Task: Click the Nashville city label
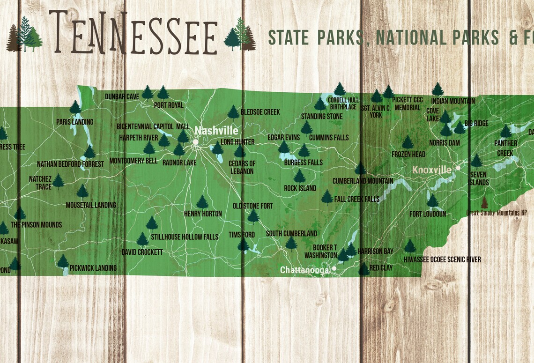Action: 216,131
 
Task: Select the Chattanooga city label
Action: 305,270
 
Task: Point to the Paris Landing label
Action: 74,122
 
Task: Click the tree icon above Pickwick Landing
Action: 63,261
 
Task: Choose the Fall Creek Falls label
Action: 357,200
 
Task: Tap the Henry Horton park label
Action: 203,214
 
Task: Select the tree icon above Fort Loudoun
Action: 432,201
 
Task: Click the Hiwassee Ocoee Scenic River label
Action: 442,259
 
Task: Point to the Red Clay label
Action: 381,268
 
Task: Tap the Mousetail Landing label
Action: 91,205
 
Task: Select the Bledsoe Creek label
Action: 260,112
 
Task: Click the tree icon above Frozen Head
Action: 408,142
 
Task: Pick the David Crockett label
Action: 142,252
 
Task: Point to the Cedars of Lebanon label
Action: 242,168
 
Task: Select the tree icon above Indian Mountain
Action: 438,89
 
